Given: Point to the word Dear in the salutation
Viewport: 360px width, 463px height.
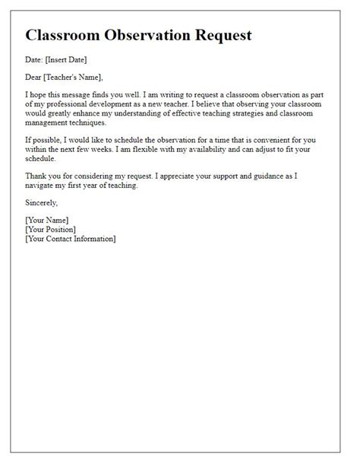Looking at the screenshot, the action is pos(34,76).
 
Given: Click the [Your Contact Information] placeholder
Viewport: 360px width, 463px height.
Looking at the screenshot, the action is pos(70,239).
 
